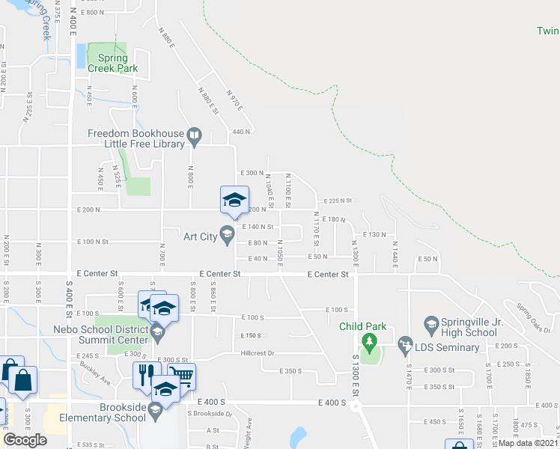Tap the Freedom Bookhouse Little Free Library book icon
195,135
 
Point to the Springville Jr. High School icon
430,323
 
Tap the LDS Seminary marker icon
405,345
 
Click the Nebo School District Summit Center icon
157,332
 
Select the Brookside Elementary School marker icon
156,409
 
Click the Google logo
25,440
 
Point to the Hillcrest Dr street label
258,353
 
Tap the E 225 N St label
338,201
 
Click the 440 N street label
241,131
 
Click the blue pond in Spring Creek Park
80,55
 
